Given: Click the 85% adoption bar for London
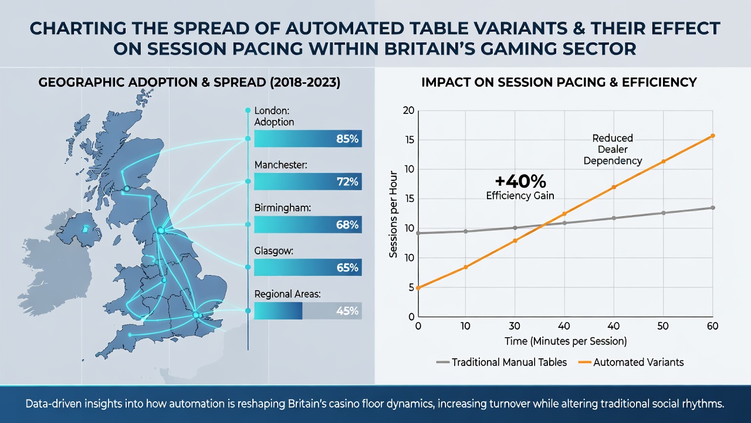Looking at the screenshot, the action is pos(308,138).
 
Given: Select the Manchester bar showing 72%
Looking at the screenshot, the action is pos(308,182).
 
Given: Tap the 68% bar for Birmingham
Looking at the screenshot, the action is pos(308,224).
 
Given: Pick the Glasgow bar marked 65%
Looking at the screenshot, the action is pos(308,267).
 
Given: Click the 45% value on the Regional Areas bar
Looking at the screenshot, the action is pos(347,311).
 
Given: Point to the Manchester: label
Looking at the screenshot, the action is pos(280,165).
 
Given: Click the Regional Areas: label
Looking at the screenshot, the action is pos(287,294).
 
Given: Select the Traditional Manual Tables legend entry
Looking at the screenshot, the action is pos(502,362).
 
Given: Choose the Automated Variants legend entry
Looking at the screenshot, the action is pos(631,362).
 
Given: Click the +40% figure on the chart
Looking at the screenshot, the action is pos(520,182).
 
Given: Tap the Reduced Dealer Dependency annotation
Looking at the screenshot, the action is pos(613,149).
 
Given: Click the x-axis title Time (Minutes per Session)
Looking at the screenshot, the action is pos(566,341).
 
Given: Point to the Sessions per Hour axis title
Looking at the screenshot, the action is pos(393,214).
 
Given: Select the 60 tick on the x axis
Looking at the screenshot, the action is pos(712,326).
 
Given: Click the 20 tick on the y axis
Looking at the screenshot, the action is pos(409,110).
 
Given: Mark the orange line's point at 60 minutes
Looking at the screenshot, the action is pos(713,136).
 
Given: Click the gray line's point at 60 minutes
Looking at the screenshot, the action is pos(713,208).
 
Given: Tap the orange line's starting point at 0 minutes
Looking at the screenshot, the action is pos(418,288).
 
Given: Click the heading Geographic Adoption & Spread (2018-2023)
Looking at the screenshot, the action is pos(189,83).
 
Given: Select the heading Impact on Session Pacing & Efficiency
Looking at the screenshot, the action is pos(559,83).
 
